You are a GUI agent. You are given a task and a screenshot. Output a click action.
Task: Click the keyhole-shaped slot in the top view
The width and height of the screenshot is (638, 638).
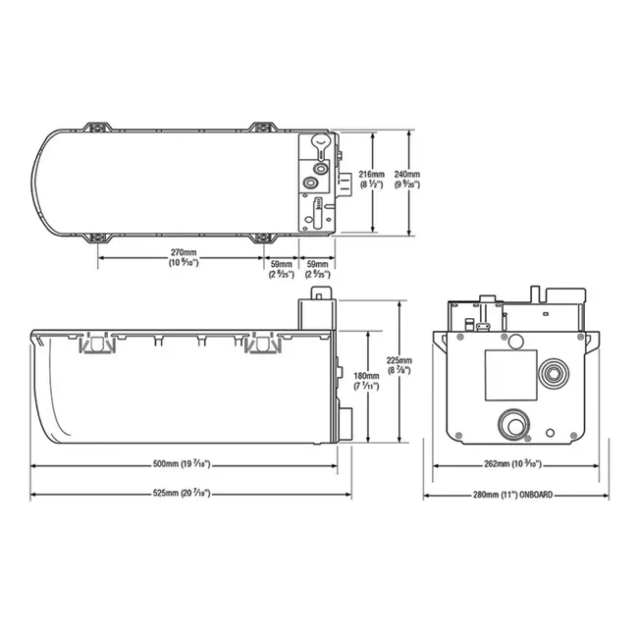321,146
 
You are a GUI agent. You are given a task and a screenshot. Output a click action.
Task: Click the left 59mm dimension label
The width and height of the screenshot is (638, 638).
282,268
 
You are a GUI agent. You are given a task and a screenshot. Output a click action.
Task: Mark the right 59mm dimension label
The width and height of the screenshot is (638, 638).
318,268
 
